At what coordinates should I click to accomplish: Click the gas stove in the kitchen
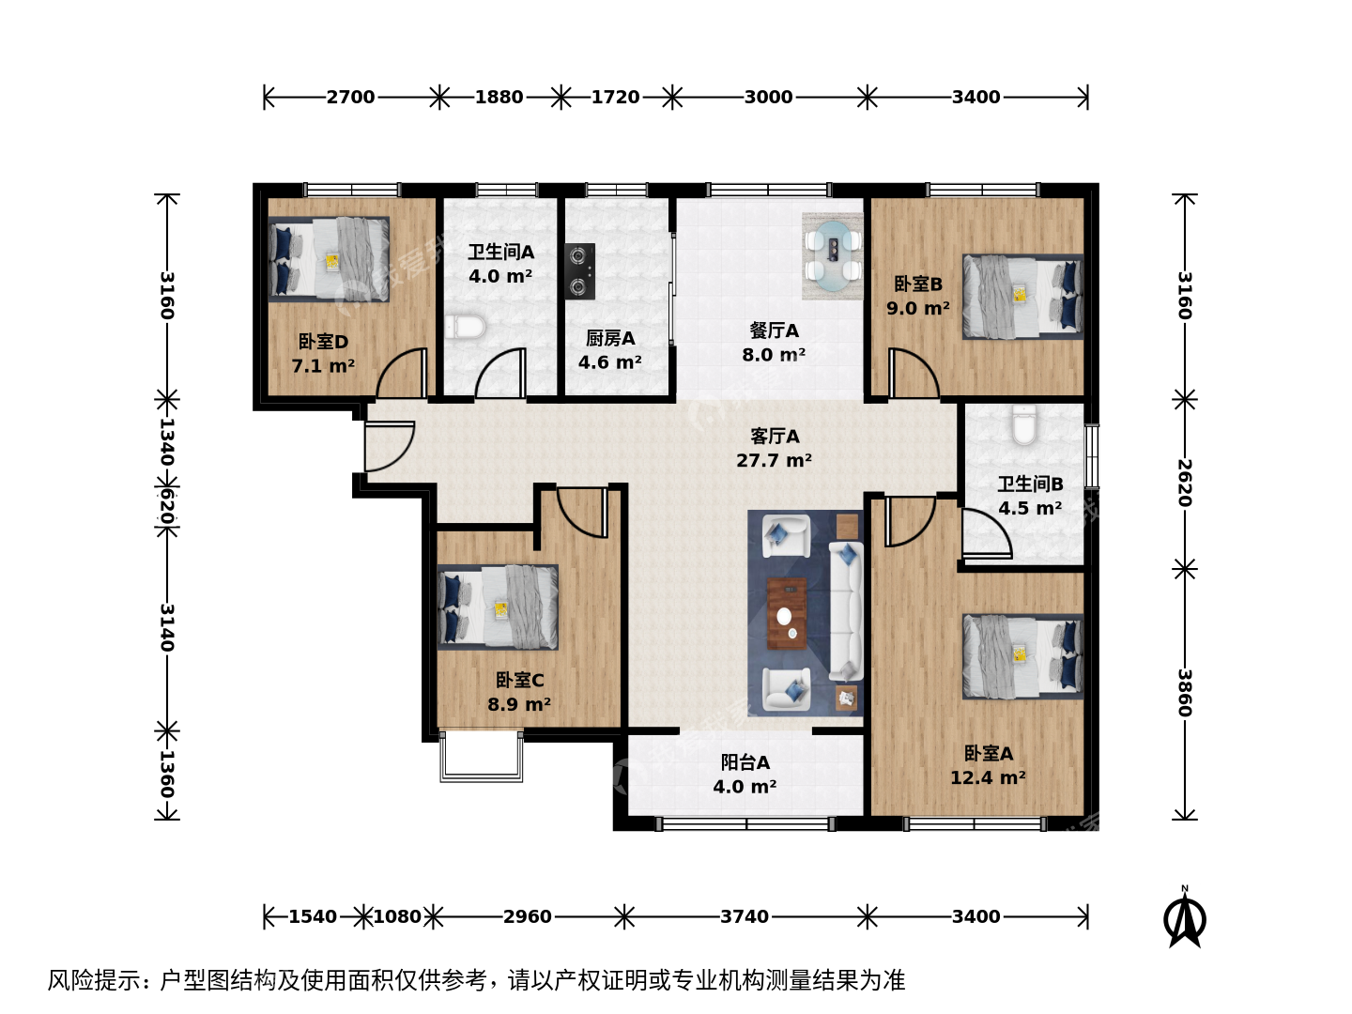click(579, 271)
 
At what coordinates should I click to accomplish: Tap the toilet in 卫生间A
click(465, 327)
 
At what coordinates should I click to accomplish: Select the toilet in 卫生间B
click(1023, 424)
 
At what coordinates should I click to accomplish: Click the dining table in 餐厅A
click(833, 253)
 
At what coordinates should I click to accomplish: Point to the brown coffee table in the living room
click(787, 613)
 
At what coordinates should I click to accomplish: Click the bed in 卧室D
click(329, 258)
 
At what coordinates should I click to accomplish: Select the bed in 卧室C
click(498, 607)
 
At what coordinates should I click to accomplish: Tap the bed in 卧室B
click(1023, 297)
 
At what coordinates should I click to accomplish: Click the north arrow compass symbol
click(1184, 917)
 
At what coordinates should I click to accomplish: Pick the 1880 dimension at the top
click(499, 98)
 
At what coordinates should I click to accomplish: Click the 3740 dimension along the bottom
click(744, 916)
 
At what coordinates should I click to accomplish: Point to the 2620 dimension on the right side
click(1185, 483)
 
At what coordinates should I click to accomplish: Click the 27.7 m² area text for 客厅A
click(774, 460)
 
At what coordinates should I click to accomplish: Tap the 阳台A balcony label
click(745, 762)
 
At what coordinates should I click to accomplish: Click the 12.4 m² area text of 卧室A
click(988, 777)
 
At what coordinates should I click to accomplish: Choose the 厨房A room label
click(609, 338)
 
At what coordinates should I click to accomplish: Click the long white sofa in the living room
click(846, 610)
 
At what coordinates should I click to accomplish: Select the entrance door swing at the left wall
click(389, 446)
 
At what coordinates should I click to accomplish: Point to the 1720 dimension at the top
click(615, 98)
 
